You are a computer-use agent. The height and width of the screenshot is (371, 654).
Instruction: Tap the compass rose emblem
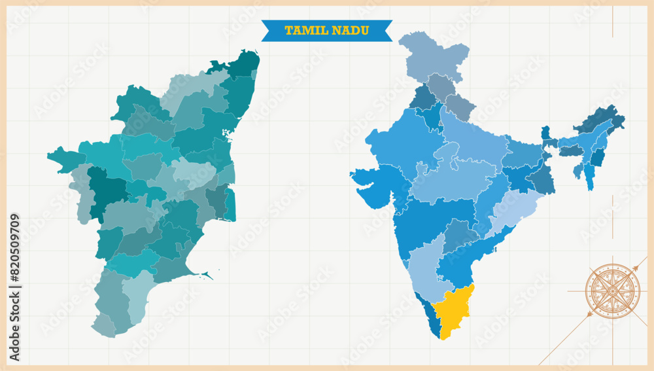coord(612,291)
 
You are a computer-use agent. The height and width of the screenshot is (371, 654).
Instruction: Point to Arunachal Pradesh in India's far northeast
coord(602,118)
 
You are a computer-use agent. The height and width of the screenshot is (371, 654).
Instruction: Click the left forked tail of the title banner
coord(267,30)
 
